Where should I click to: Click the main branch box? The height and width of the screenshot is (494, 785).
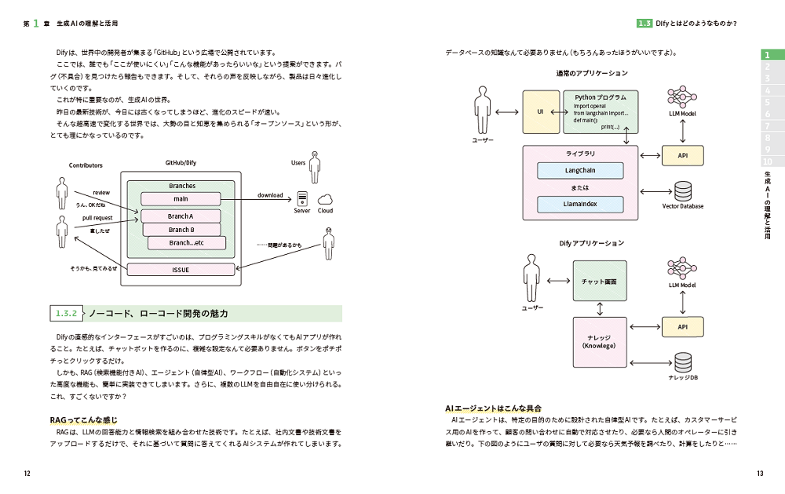click(x=181, y=199)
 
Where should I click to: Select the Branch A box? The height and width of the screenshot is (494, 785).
click(x=181, y=216)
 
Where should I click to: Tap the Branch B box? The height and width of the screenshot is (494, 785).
click(x=180, y=230)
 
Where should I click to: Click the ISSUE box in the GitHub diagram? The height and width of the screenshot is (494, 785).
click(x=181, y=270)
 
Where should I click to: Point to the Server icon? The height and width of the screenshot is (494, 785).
click(x=302, y=199)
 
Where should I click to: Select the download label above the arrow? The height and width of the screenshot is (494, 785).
click(x=270, y=195)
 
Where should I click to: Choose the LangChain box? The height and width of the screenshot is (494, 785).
click(x=580, y=170)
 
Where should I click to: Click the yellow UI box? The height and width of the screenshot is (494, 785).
click(x=540, y=112)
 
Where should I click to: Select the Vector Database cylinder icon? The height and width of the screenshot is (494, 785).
click(x=682, y=190)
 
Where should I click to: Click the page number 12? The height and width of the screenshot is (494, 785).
click(x=27, y=474)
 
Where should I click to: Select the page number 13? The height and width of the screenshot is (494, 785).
click(x=759, y=474)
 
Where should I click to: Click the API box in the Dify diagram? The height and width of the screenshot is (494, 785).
click(x=682, y=325)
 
